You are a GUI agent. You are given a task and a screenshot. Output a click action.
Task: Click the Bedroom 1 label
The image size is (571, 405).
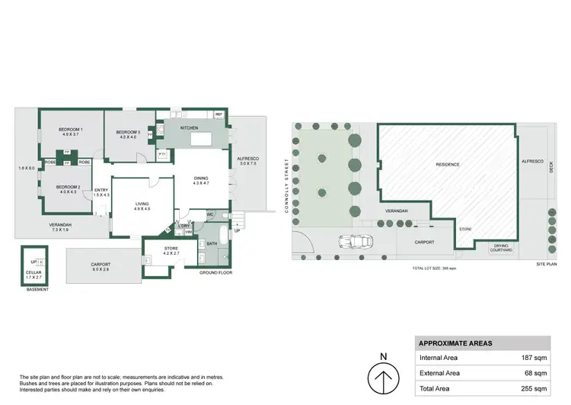coord(70,130)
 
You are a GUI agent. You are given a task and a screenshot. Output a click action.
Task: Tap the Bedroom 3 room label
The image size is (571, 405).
coord(126,133)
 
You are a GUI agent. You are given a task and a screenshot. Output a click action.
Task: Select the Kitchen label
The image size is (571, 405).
coord(189,128)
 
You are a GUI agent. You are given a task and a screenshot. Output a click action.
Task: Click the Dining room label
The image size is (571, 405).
coord(200,178)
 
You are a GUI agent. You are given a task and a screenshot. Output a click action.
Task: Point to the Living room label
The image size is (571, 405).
coord(142,204)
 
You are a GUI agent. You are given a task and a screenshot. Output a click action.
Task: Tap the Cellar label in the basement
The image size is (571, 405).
coord(33,272)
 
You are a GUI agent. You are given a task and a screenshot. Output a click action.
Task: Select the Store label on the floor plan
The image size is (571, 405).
coord(171,248)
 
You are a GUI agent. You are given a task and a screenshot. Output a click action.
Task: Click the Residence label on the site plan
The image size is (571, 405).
coord(448,165)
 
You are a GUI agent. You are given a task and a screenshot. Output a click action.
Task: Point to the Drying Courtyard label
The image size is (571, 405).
coord(501,248)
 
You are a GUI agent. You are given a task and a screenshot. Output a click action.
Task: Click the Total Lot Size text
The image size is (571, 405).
coord(434,269)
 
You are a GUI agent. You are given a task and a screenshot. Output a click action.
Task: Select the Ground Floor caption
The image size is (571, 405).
coord(214,272)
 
